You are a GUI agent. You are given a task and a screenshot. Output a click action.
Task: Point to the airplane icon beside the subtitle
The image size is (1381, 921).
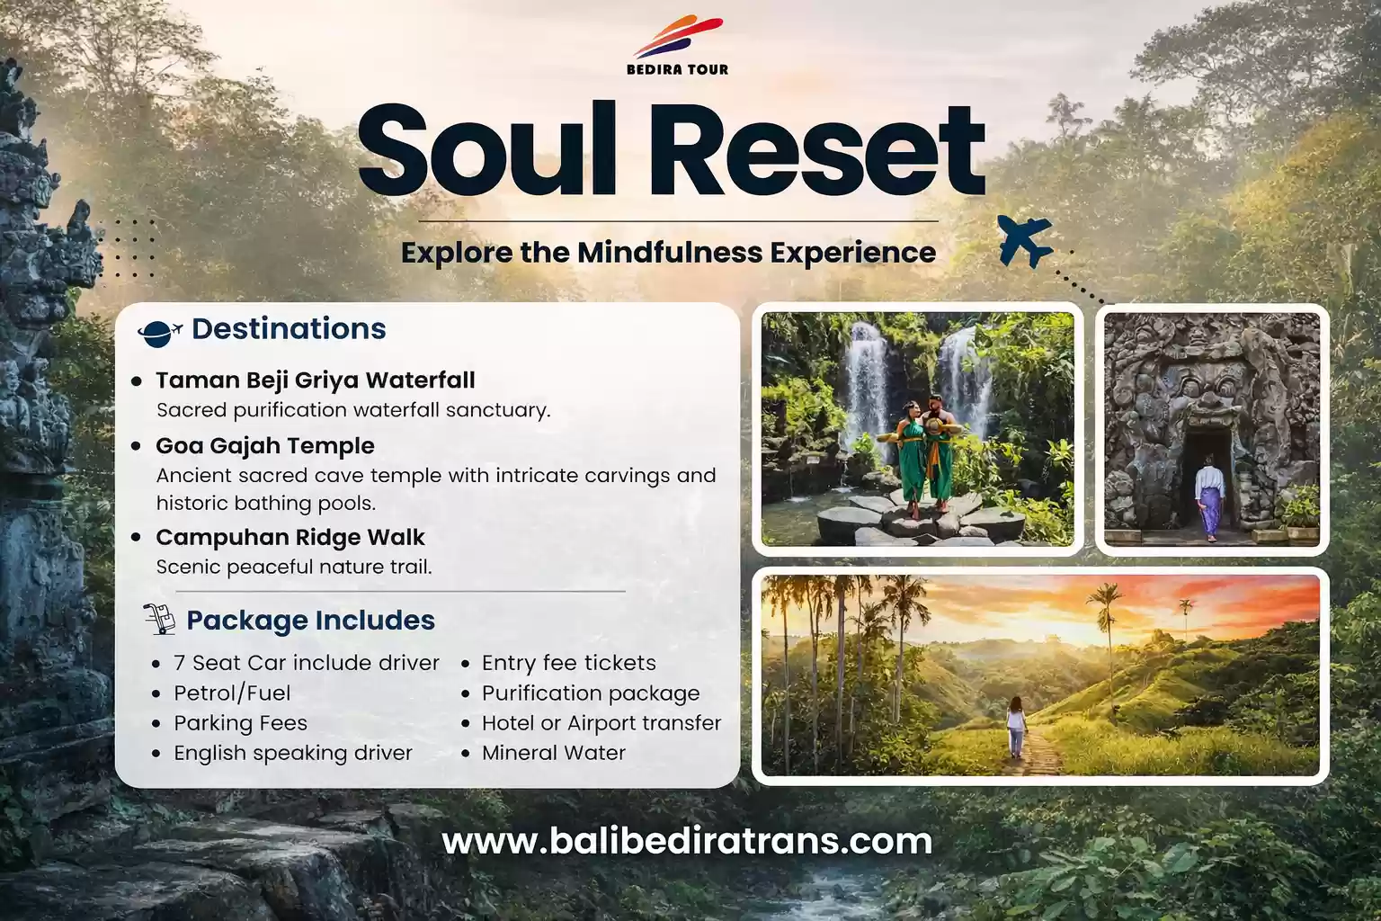[x=1025, y=241]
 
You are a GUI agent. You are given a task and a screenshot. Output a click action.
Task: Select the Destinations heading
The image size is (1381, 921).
[x=289, y=329]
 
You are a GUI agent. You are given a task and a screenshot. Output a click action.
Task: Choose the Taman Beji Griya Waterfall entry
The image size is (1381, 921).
[x=315, y=380]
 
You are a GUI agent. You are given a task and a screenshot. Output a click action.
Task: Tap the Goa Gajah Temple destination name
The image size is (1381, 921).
[x=264, y=446]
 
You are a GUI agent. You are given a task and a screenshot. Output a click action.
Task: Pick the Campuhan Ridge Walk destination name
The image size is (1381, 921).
[x=290, y=538]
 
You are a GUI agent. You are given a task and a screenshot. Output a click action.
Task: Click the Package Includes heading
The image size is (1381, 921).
[x=310, y=621]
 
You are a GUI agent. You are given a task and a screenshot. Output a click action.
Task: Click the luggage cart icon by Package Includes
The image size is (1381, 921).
[x=159, y=620]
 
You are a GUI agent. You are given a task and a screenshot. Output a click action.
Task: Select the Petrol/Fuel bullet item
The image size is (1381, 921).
[x=232, y=693]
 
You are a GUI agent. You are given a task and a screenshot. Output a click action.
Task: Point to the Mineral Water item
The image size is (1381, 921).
[x=553, y=753]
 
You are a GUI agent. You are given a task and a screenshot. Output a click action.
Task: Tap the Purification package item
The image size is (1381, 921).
[x=590, y=693]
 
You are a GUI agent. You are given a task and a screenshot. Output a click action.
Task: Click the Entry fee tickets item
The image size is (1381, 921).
[x=568, y=663]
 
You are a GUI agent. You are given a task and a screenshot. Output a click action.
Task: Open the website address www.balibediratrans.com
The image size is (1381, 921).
[x=687, y=842]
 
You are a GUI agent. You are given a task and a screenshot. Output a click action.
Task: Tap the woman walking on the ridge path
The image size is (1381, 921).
[x=1016, y=727]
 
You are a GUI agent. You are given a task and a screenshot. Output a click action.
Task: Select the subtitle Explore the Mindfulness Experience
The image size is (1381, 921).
[x=668, y=253]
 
